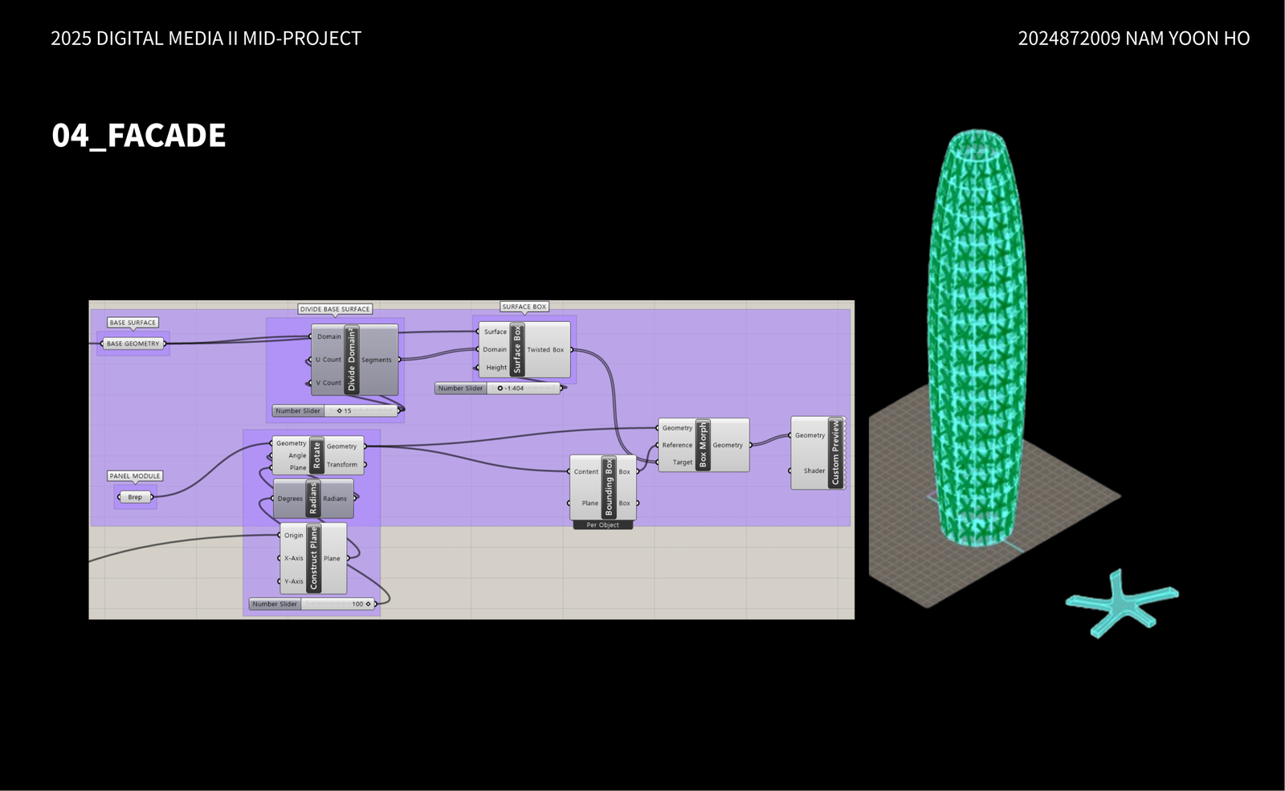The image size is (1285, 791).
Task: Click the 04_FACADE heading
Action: (x=138, y=136)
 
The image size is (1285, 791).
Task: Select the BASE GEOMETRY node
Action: (x=133, y=344)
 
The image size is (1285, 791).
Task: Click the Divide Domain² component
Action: (x=352, y=360)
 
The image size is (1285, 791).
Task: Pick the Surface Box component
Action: (x=517, y=349)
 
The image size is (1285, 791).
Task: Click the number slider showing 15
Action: (x=336, y=411)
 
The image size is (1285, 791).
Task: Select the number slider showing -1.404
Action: (x=499, y=389)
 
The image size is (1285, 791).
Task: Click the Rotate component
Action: (x=316, y=455)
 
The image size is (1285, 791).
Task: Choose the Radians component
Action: (x=313, y=499)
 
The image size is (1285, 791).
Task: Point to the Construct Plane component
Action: (x=313, y=558)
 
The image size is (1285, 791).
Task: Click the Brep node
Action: (x=135, y=497)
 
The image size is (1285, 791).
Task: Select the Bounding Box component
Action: (x=608, y=487)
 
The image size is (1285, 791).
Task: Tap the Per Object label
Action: (x=602, y=525)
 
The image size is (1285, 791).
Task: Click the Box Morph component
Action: (x=703, y=445)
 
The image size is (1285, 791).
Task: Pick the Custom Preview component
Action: (x=834, y=453)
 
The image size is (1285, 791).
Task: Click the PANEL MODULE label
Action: (x=135, y=476)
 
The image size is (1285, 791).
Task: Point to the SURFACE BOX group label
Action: (x=524, y=307)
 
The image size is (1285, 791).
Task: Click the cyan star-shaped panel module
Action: (x=1121, y=602)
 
